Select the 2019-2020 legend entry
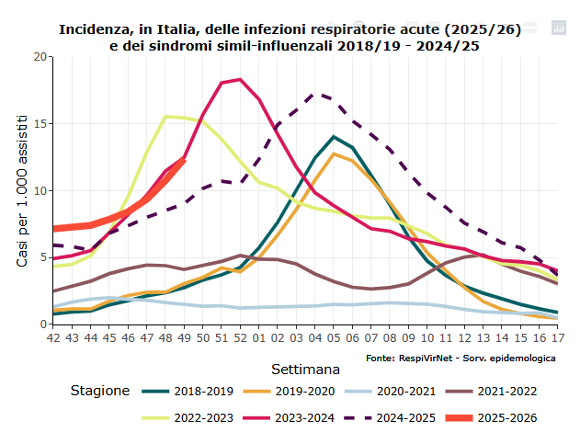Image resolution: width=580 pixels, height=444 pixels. tap(301, 391)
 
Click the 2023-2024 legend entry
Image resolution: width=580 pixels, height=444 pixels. tap(301, 418)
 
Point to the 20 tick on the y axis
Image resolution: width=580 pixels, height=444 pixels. tap(40, 57)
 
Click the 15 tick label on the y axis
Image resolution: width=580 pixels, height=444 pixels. tap(40, 124)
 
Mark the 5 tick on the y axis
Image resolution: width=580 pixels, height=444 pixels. tap(43, 257)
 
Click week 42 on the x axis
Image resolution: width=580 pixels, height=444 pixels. tap(53, 337)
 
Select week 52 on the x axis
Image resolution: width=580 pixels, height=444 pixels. tap(241, 337)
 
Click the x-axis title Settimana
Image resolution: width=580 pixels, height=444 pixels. tap(306, 370)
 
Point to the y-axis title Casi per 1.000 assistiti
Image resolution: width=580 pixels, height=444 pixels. tap(22, 190)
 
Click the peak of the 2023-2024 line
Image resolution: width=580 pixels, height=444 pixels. tap(240, 80)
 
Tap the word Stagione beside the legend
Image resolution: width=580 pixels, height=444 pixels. tap(100, 391)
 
